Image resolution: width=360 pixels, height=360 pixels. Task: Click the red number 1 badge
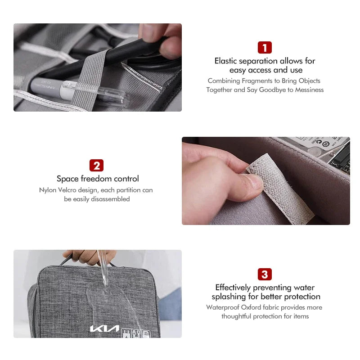click(x=265, y=48)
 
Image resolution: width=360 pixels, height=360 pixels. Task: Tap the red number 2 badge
click(x=96, y=165)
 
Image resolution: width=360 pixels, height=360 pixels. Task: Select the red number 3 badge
click(x=265, y=274)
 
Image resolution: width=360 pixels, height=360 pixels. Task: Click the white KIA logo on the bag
click(x=104, y=328)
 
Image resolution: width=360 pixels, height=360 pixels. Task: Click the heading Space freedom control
click(x=98, y=179)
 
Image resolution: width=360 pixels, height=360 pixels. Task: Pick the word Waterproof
click(x=223, y=307)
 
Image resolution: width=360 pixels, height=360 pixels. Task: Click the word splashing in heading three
click(x=230, y=297)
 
